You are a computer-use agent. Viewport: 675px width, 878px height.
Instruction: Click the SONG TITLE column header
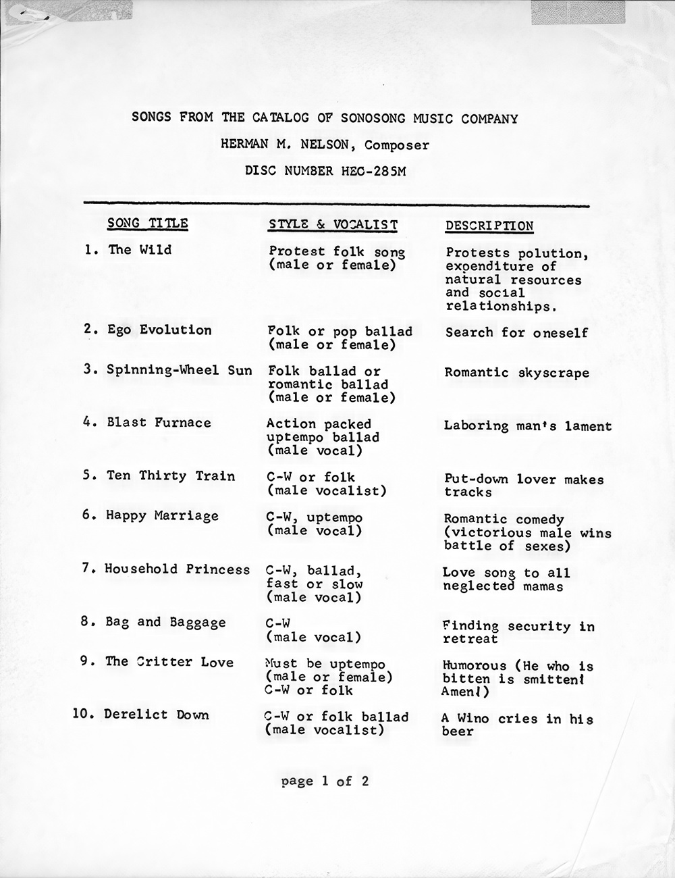click(148, 224)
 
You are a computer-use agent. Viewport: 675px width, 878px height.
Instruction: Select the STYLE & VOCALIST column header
click(333, 225)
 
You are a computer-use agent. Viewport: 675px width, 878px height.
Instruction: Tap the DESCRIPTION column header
click(489, 226)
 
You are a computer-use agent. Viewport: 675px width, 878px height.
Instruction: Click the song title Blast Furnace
click(159, 423)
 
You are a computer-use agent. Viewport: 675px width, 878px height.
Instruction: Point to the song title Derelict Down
click(157, 715)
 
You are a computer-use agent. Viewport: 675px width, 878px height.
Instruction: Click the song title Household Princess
click(177, 569)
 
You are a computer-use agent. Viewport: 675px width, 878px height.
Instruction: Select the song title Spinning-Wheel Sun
click(179, 370)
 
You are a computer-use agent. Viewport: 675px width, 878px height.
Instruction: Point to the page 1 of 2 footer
click(325, 781)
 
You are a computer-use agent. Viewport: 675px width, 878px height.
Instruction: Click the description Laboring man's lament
click(527, 426)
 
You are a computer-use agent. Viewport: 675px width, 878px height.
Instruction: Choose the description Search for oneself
click(516, 332)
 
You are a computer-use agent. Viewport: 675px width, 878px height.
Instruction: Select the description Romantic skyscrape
click(516, 373)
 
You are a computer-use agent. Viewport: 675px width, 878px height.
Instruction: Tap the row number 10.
click(84, 715)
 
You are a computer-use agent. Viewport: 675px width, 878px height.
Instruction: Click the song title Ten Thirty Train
click(171, 475)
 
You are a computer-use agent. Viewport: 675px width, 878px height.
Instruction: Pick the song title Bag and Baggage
click(165, 622)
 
